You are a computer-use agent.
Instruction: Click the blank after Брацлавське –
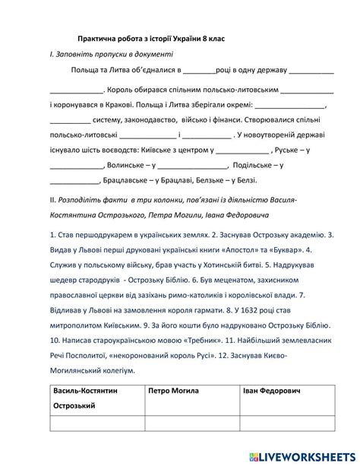pos(75,180)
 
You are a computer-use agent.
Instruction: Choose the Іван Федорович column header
pos(272,392)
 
